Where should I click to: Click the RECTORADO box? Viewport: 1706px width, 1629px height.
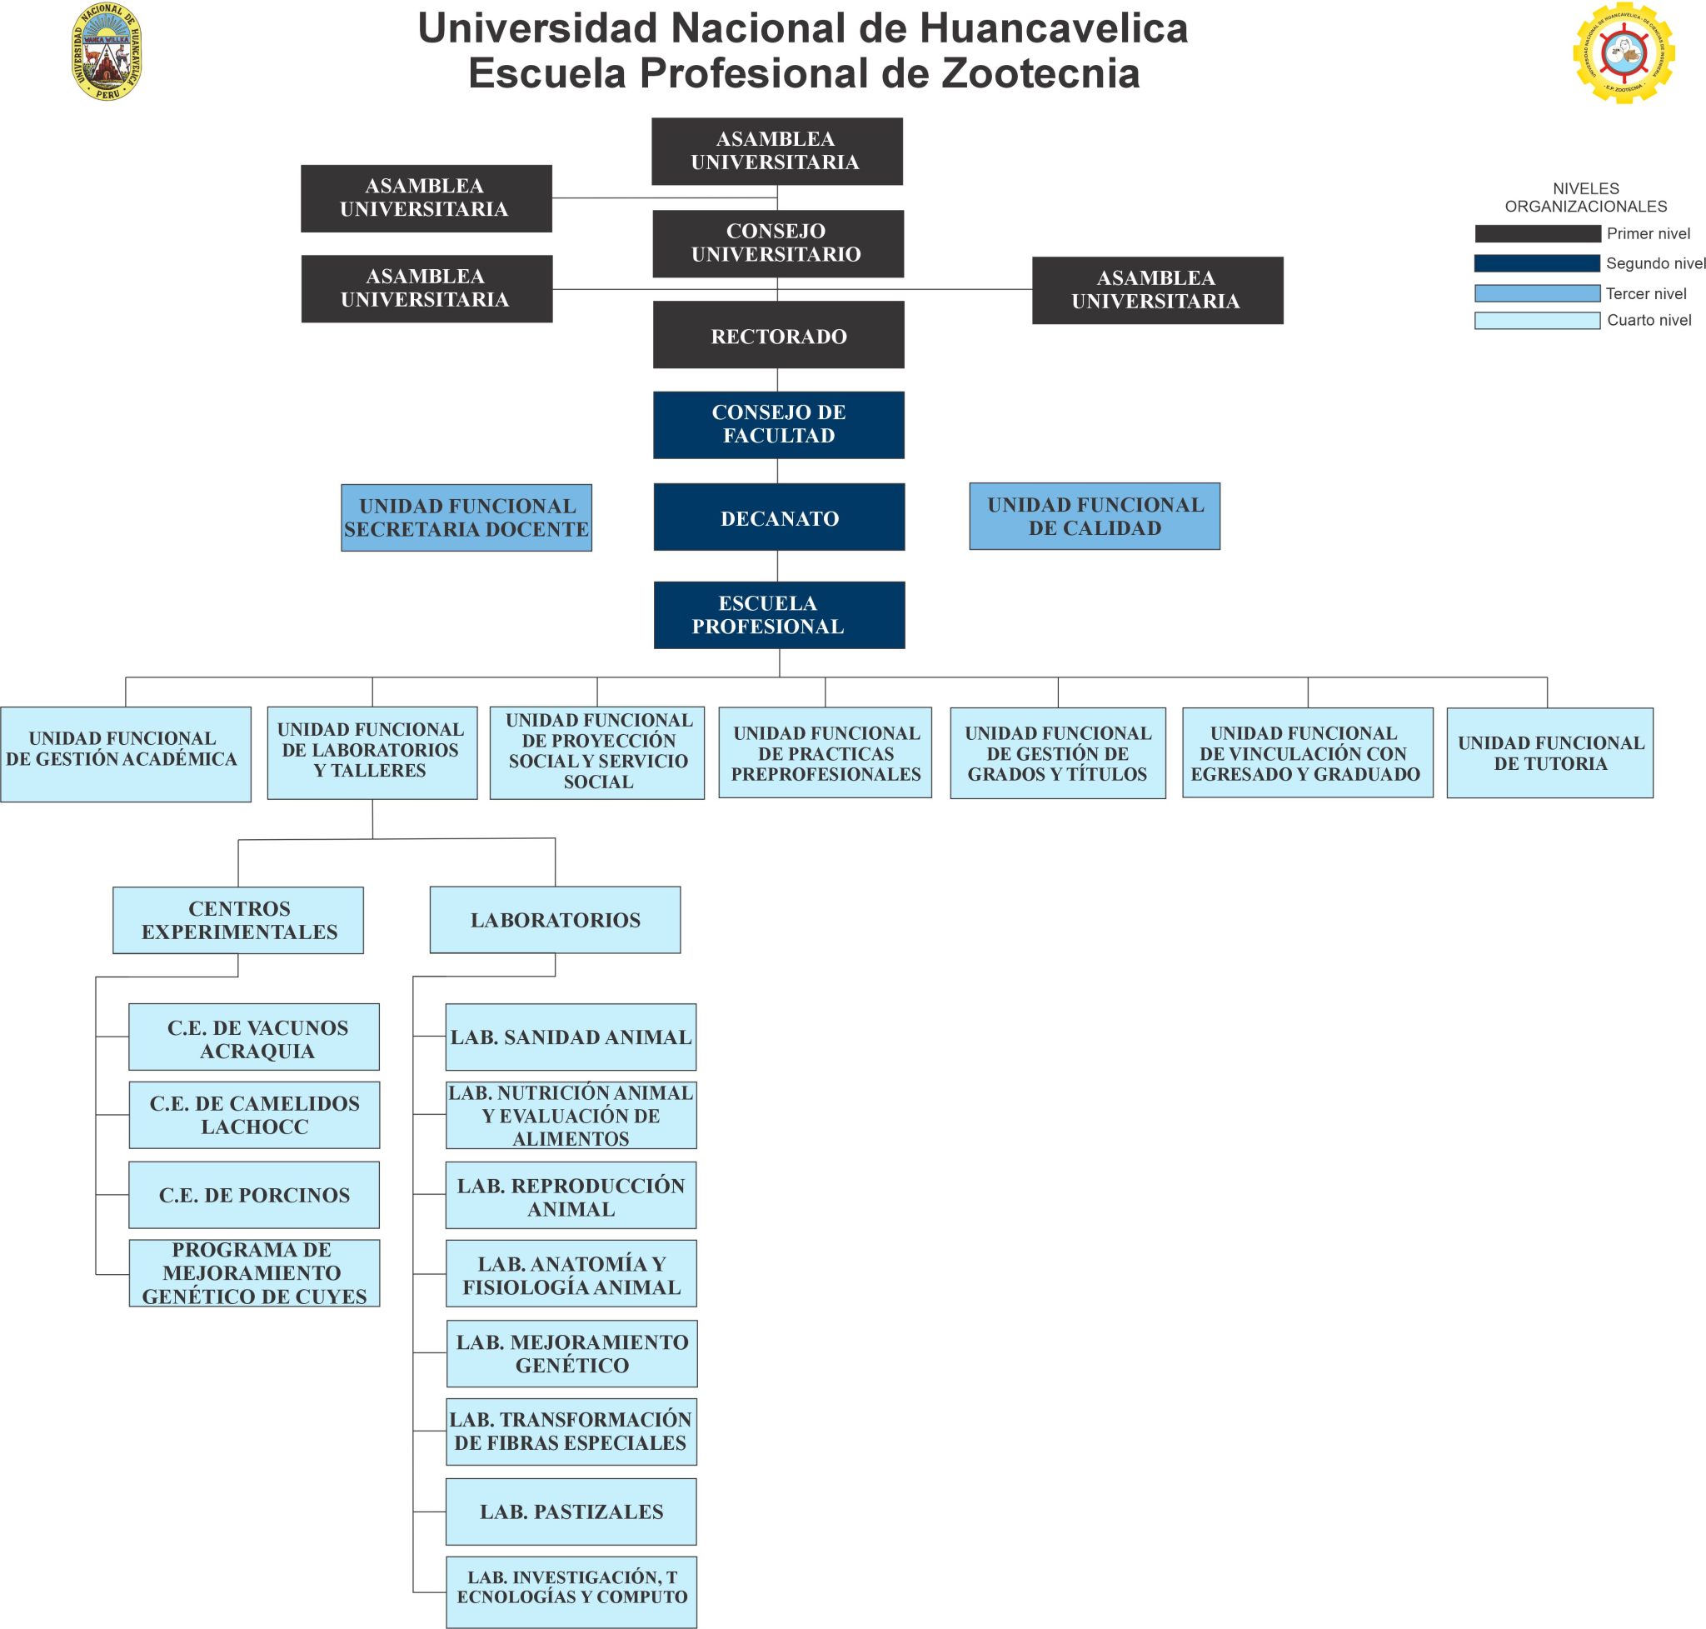pos(778,335)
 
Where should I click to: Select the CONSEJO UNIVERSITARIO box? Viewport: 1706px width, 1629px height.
pos(777,243)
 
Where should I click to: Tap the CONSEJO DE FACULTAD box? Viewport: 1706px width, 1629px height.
pos(778,425)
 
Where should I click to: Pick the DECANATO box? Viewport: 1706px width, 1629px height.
pos(779,517)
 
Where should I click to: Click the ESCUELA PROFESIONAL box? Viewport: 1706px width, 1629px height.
pos(779,615)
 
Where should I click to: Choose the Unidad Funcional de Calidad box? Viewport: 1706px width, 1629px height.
pos(1094,517)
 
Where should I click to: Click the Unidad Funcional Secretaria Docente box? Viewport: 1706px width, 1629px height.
pos(466,517)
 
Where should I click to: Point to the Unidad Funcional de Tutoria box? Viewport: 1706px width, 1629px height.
pos(1549,753)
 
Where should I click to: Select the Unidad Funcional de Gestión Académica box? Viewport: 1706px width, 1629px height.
pos(125,754)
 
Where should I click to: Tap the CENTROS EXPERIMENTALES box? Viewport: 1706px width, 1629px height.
pos(238,920)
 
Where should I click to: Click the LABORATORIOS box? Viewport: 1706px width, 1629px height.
pos(555,920)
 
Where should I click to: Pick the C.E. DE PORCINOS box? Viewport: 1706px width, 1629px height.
pos(253,1195)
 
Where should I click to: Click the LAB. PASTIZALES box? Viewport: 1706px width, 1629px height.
pos(571,1511)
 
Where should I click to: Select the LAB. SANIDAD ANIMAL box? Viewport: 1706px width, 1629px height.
pos(571,1037)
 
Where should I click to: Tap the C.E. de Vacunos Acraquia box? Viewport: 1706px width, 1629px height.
pos(253,1037)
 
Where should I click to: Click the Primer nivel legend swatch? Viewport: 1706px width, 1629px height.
pos(1537,233)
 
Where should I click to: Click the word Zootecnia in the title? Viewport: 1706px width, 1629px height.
pos(1040,73)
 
